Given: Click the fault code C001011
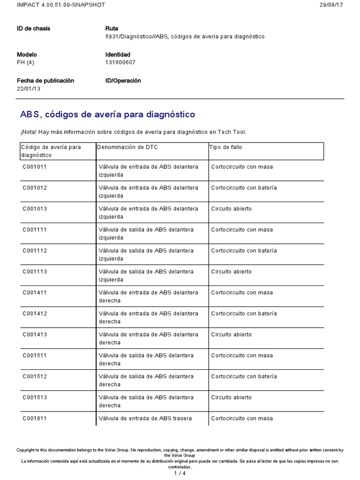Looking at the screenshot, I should coord(35,167).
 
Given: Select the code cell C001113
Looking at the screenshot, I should coord(35,272).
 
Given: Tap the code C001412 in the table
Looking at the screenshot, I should coord(35,314).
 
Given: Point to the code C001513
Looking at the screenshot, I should coord(35,397).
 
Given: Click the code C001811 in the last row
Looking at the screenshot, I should coord(35,419).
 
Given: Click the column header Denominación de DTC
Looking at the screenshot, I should coord(127,147).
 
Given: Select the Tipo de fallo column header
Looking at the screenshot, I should coord(225,147).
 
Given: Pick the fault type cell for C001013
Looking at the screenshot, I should coord(231,209).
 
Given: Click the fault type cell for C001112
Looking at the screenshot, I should coord(244,251).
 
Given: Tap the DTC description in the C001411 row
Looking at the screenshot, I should coord(148,296).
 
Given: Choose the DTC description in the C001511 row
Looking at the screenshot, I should coord(146,359).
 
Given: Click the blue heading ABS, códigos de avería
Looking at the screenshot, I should coord(107,114).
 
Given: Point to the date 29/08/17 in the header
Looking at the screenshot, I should coord(331,5).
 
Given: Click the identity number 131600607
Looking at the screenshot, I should coord(120,62).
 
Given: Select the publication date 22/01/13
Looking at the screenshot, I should coord(29,89).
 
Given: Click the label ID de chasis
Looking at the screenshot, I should coord(33,29).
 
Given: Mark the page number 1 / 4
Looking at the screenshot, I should coord(180,473).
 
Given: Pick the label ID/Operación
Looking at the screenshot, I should coord(123,81).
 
